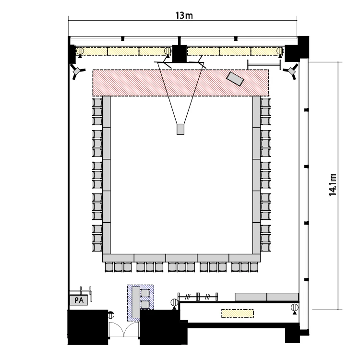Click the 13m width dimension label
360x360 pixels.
click(184, 16)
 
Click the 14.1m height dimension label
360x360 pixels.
click(333, 185)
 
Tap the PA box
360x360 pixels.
click(79, 300)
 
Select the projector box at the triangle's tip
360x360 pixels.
click(180, 129)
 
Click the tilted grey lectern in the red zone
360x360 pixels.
click(235, 79)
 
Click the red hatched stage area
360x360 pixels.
click(180, 83)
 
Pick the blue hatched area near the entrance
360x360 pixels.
click(141, 303)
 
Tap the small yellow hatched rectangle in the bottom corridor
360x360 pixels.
click(238, 313)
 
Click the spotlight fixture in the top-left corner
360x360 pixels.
click(77, 71)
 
